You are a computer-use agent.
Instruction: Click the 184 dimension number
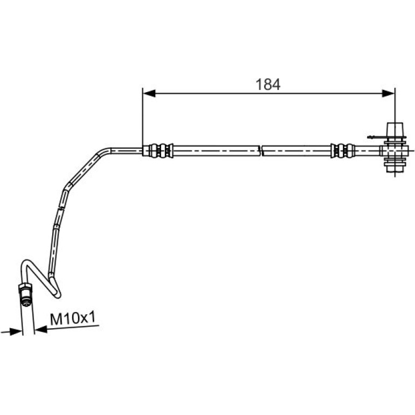[x=267, y=85]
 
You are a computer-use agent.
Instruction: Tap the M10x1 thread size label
[x=72, y=319]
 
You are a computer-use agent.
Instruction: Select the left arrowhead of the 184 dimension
[x=149, y=93]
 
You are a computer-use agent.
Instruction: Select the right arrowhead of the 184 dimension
[x=388, y=93]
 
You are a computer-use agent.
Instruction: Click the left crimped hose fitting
[x=158, y=151]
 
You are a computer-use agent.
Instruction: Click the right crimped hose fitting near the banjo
[x=343, y=151]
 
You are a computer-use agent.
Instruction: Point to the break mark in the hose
[x=261, y=151]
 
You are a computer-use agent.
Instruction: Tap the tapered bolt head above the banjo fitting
[x=395, y=129]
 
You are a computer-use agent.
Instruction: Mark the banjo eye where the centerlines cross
[x=395, y=151]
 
